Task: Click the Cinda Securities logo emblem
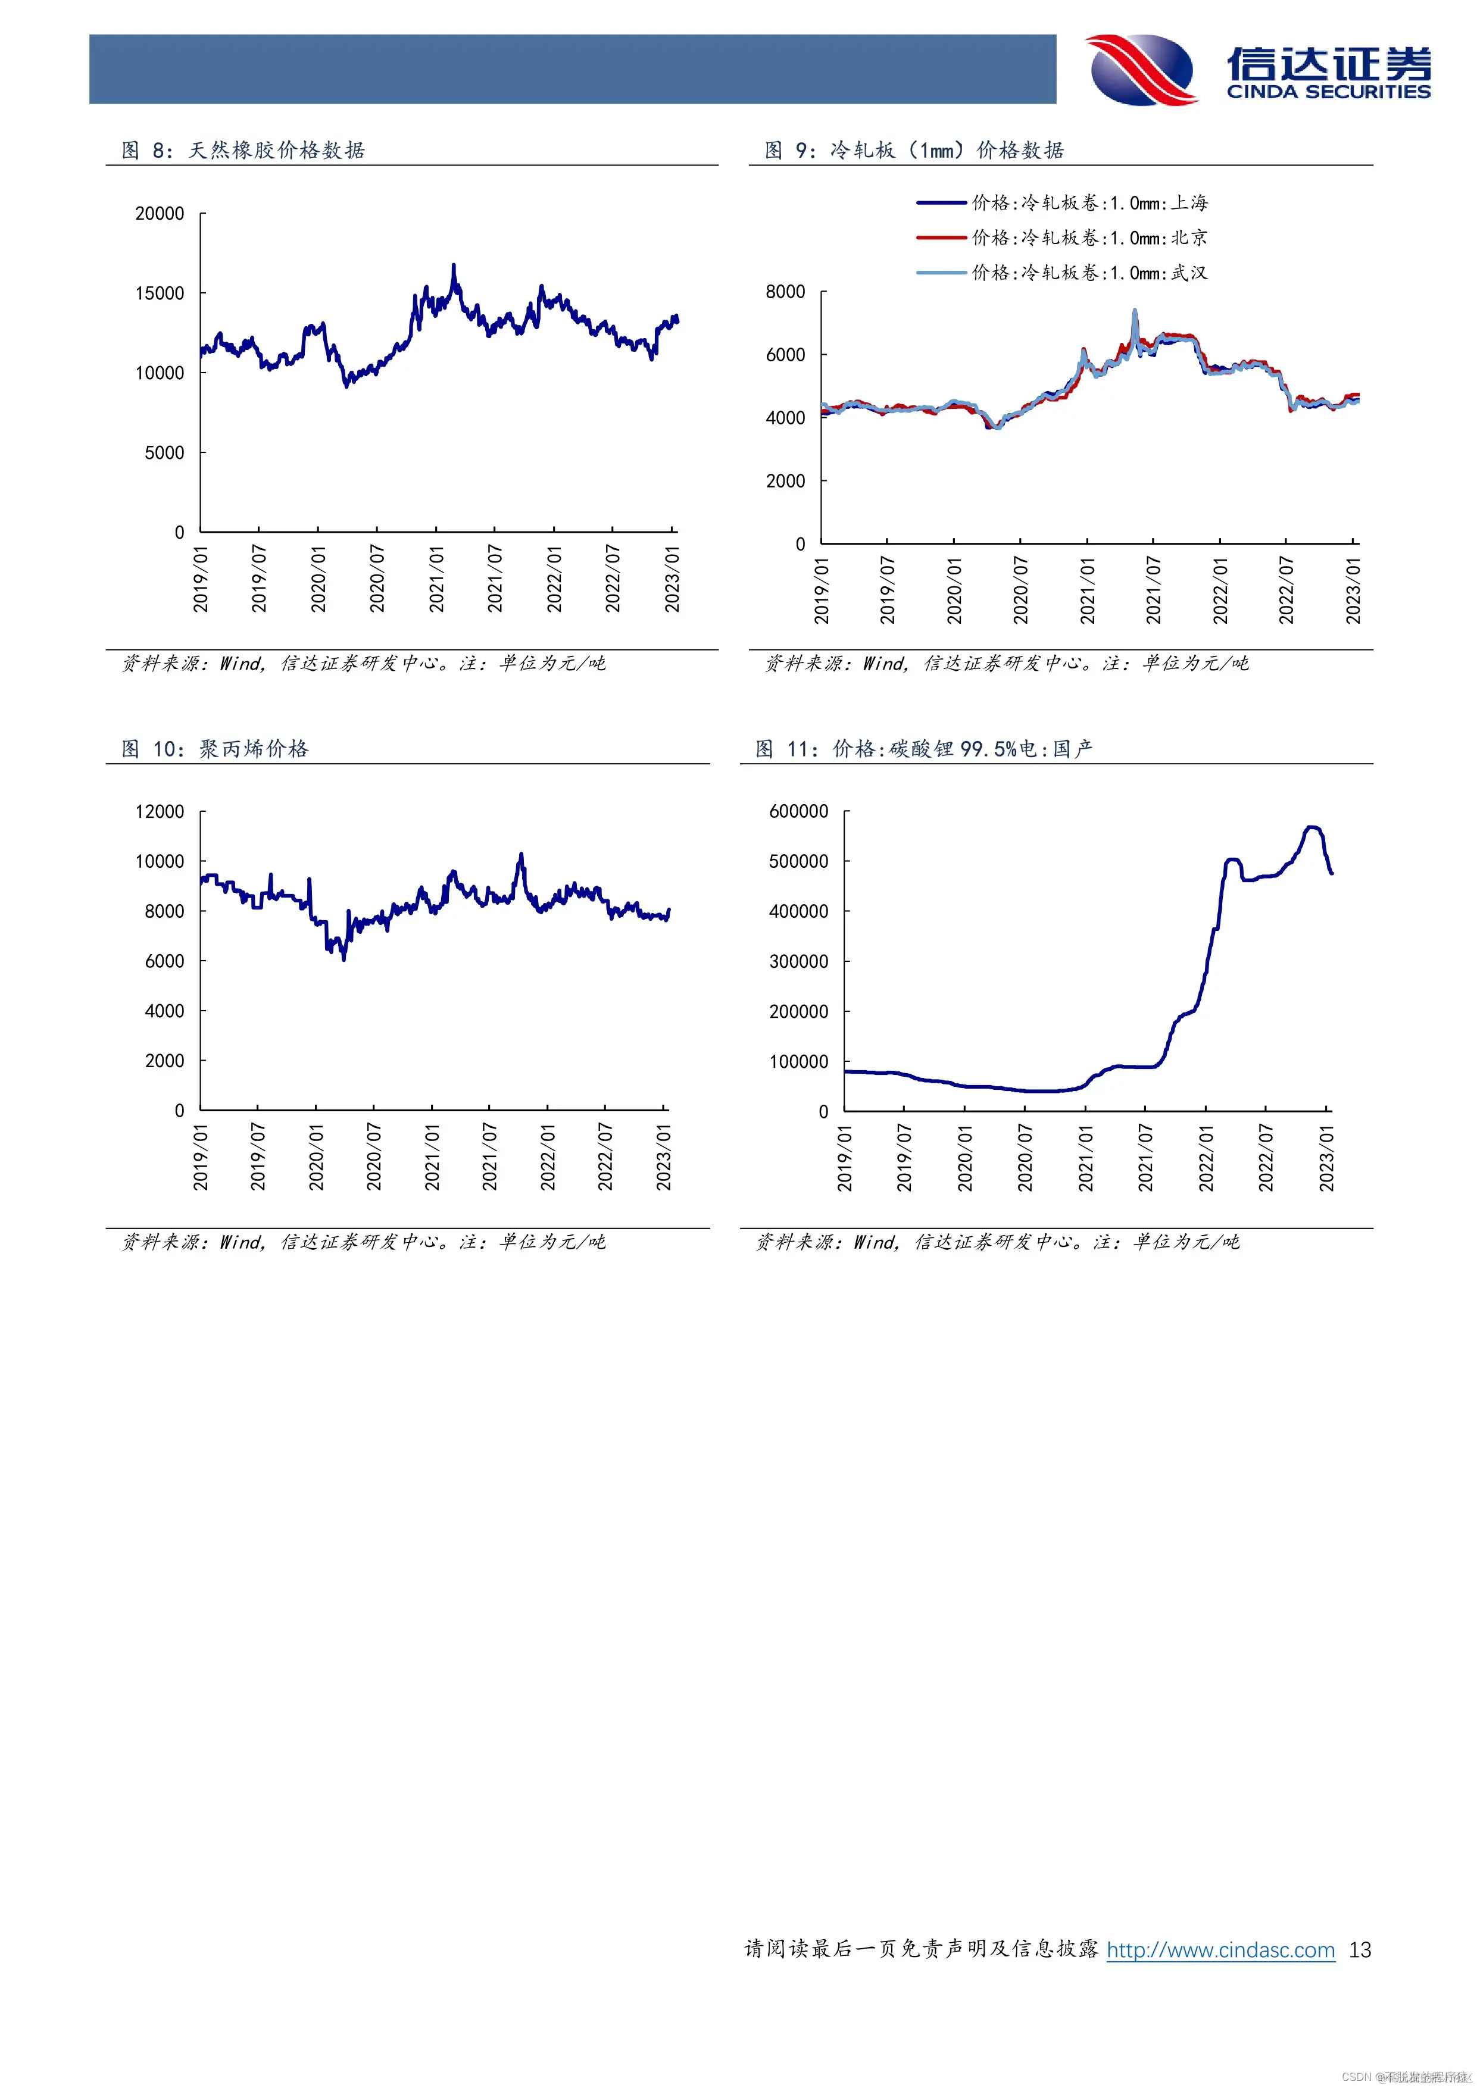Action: click(1142, 70)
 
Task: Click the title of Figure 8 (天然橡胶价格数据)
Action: click(243, 150)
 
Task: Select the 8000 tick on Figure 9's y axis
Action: click(785, 292)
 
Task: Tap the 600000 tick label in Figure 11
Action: click(798, 811)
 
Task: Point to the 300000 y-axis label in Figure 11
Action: click(798, 961)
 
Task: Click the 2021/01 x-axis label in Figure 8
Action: click(436, 579)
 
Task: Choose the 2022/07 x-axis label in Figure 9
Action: click(1286, 590)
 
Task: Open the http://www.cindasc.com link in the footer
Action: click(1220, 1950)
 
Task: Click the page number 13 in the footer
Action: click(1360, 1950)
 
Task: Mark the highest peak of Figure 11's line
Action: click(1310, 827)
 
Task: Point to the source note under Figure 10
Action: click(363, 1242)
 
